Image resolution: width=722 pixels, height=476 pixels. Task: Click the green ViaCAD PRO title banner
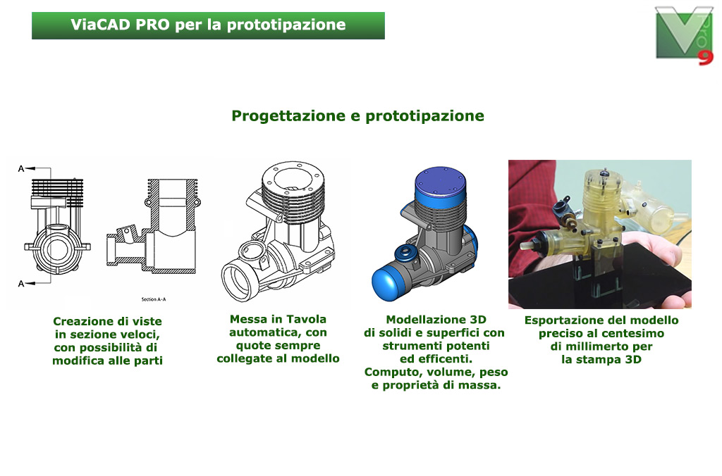coord(208,26)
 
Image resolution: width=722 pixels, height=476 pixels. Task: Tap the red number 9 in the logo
coord(705,58)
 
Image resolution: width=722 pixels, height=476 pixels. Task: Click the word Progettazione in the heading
coord(288,116)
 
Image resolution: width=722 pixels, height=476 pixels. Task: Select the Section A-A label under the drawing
coord(153,299)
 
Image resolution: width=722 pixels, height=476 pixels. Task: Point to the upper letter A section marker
coord(21,169)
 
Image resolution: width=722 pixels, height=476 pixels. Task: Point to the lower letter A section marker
coord(21,284)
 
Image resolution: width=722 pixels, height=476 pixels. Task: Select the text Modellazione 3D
coord(436,320)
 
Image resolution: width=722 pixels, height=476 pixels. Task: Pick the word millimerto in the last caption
coord(597,346)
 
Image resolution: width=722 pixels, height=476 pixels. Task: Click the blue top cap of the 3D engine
coord(440,184)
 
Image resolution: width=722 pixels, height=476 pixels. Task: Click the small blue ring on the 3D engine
coord(405,253)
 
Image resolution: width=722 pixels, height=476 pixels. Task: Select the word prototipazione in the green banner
coord(286,25)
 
